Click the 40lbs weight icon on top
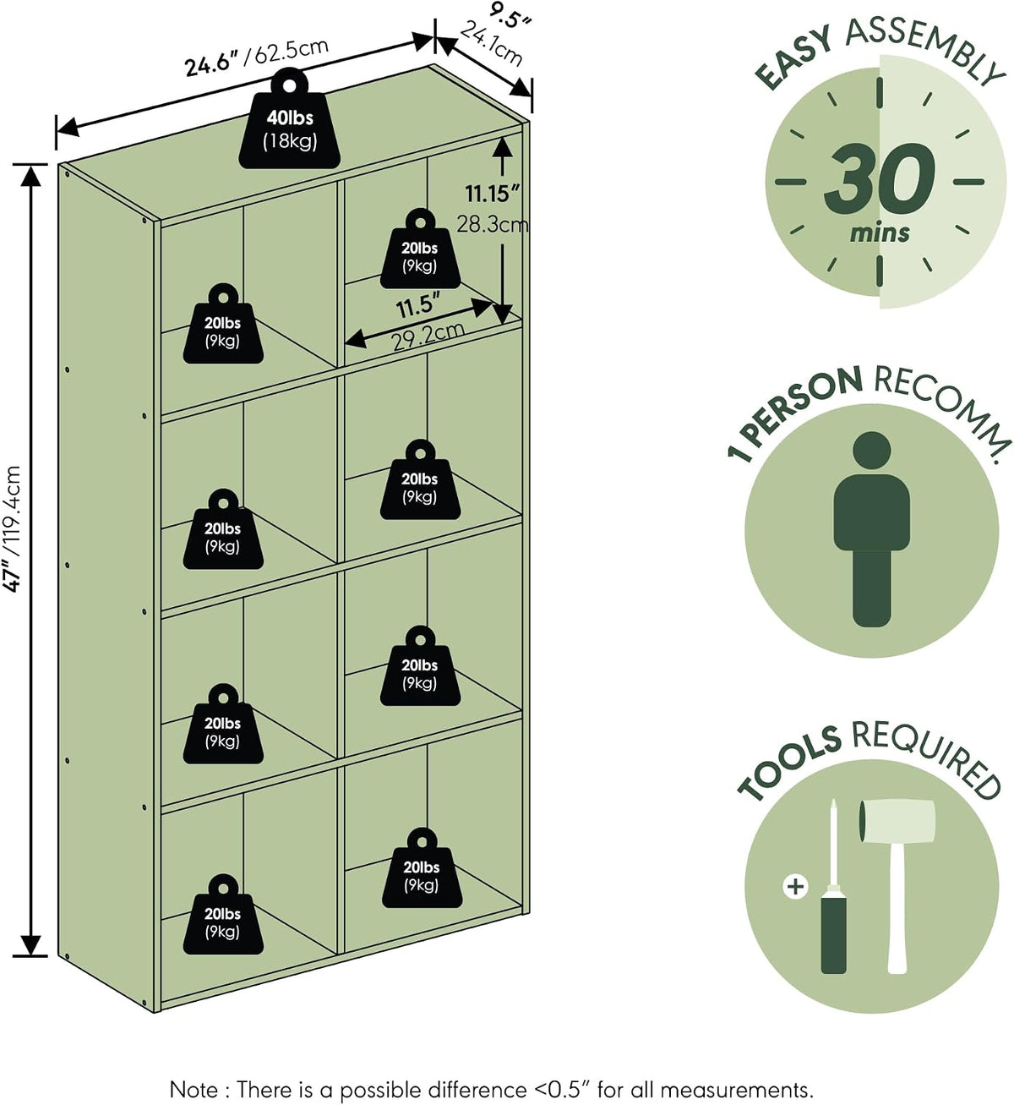(289, 119)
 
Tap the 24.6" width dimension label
(215, 64)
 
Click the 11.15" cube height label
(493, 194)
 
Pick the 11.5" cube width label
(418, 306)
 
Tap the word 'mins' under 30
(880, 233)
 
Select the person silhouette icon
(871, 529)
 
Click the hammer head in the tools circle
(897, 821)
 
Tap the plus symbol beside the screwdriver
(795, 886)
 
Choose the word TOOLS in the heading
(789, 763)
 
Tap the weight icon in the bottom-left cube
(223, 915)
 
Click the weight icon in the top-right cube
(420, 249)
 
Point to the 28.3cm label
(493, 225)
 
